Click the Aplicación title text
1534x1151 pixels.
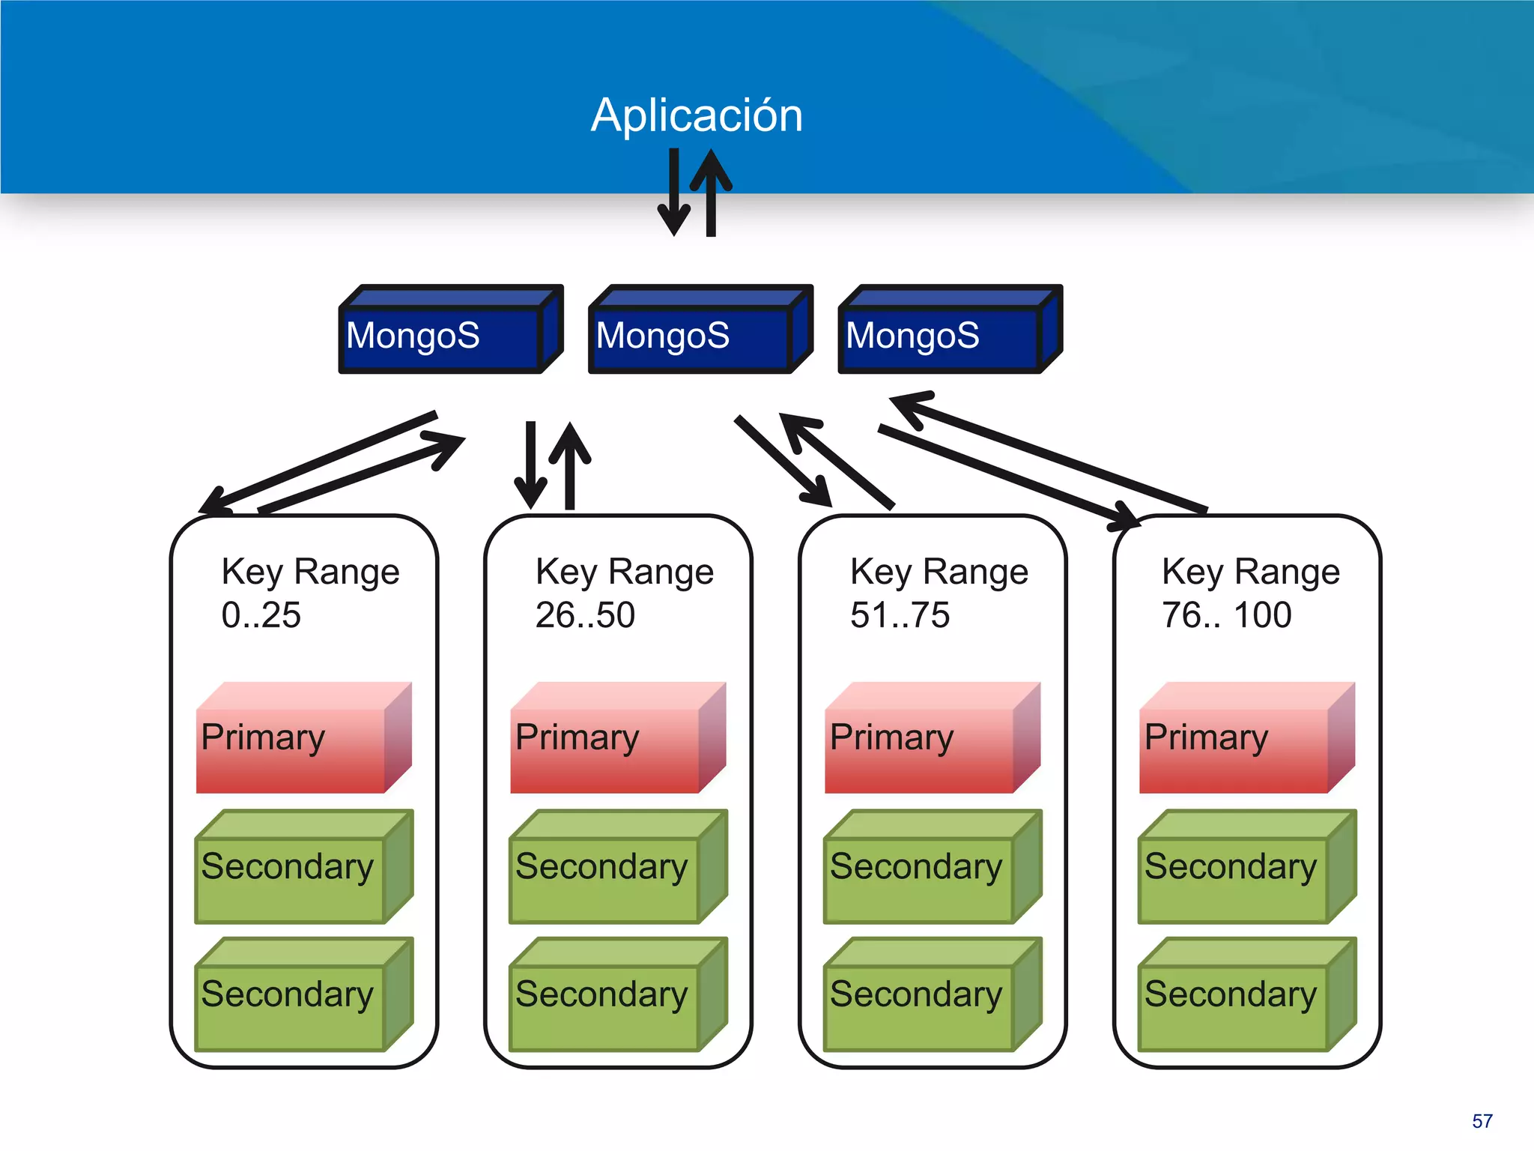coord(696,115)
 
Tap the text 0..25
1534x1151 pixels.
coord(261,615)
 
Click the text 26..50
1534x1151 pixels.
coord(585,615)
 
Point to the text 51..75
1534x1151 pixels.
coord(900,615)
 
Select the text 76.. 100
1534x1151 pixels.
coord(1226,615)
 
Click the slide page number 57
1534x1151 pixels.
coord(1482,1121)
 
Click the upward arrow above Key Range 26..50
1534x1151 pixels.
coord(570,465)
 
